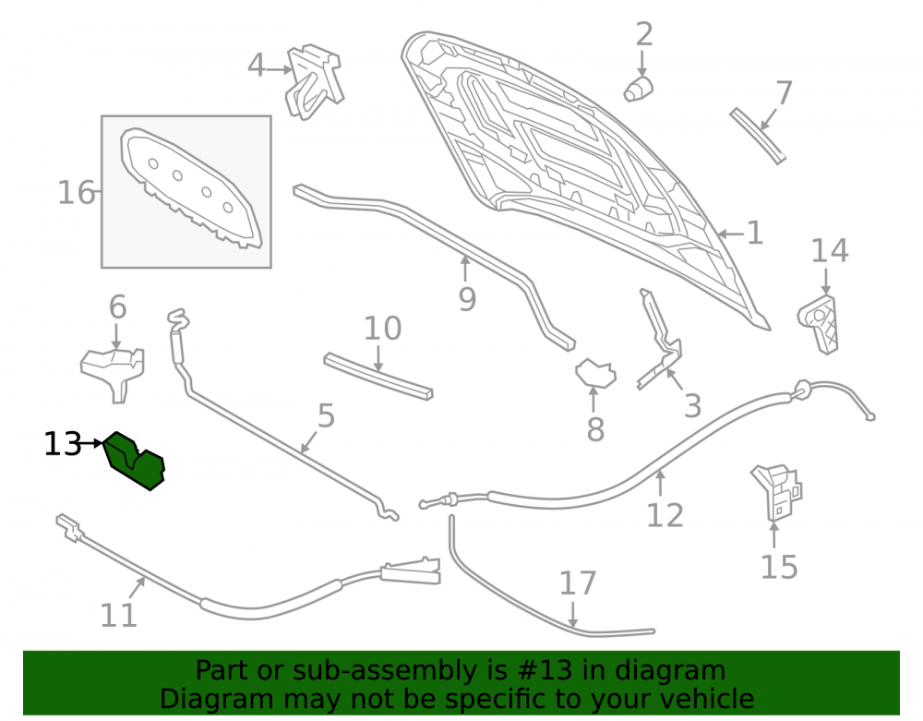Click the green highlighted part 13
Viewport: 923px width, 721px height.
click(x=134, y=462)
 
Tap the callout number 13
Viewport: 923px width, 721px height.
click(x=63, y=444)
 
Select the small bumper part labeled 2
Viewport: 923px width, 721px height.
click(x=638, y=89)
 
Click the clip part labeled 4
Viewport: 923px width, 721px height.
click(x=314, y=81)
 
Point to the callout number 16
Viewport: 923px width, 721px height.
click(x=76, y=192)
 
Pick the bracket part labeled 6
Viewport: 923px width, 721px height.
click(x=113, y=374)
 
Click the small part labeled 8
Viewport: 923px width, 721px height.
click(x=595, y=373)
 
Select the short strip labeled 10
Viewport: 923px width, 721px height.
click(x=378, y=377)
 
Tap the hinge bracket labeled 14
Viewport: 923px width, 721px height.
click(x=818, y=324)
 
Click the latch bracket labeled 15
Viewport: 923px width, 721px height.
click(x=775, y=492)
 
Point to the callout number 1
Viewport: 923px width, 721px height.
click(x=755, y=234)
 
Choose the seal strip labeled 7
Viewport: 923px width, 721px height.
click(x=758, y=136)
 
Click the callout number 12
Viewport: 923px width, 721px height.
click(x=665, y=515)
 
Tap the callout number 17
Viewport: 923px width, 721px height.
click(x=578, y=583)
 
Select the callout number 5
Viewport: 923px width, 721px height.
click(x=326, y=416)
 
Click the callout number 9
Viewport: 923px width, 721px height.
click(x=467, y=300)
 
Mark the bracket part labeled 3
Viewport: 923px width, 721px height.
click(x=660, y=342)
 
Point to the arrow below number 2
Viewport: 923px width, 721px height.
click(x=641, y=63)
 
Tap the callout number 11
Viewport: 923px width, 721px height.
click(x=118, y=616)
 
